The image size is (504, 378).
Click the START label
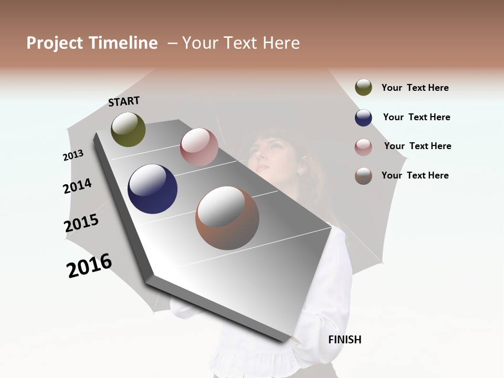click(x=124, y=101)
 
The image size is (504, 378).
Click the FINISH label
click(x=344, y=340)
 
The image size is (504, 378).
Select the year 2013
click(x=73, y=155)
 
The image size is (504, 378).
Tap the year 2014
click(x=77, y=186)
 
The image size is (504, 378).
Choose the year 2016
click(x=89, y=266)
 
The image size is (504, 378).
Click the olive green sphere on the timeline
click(x=128, y=129)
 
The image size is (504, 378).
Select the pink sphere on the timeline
click(x=199, y=147)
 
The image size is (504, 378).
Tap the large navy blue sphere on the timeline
click(x=152, y=189)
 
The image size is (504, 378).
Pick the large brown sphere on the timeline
click(x=227, y=218)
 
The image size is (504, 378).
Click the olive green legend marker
click(x=363, y=88)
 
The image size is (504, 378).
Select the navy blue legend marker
click(x=363, y=118)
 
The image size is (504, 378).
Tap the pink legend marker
click(x=363, y=147)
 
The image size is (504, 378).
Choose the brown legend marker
click(x=363, y=176)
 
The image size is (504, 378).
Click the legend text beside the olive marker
click(x=415, y=88)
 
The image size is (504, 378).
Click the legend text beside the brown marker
click(x=415, y=175)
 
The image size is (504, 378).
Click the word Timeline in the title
click(x=123, y=43)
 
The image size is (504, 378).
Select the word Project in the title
click(x=55, y=43)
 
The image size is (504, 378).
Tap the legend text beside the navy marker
click(x=416, y=117)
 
